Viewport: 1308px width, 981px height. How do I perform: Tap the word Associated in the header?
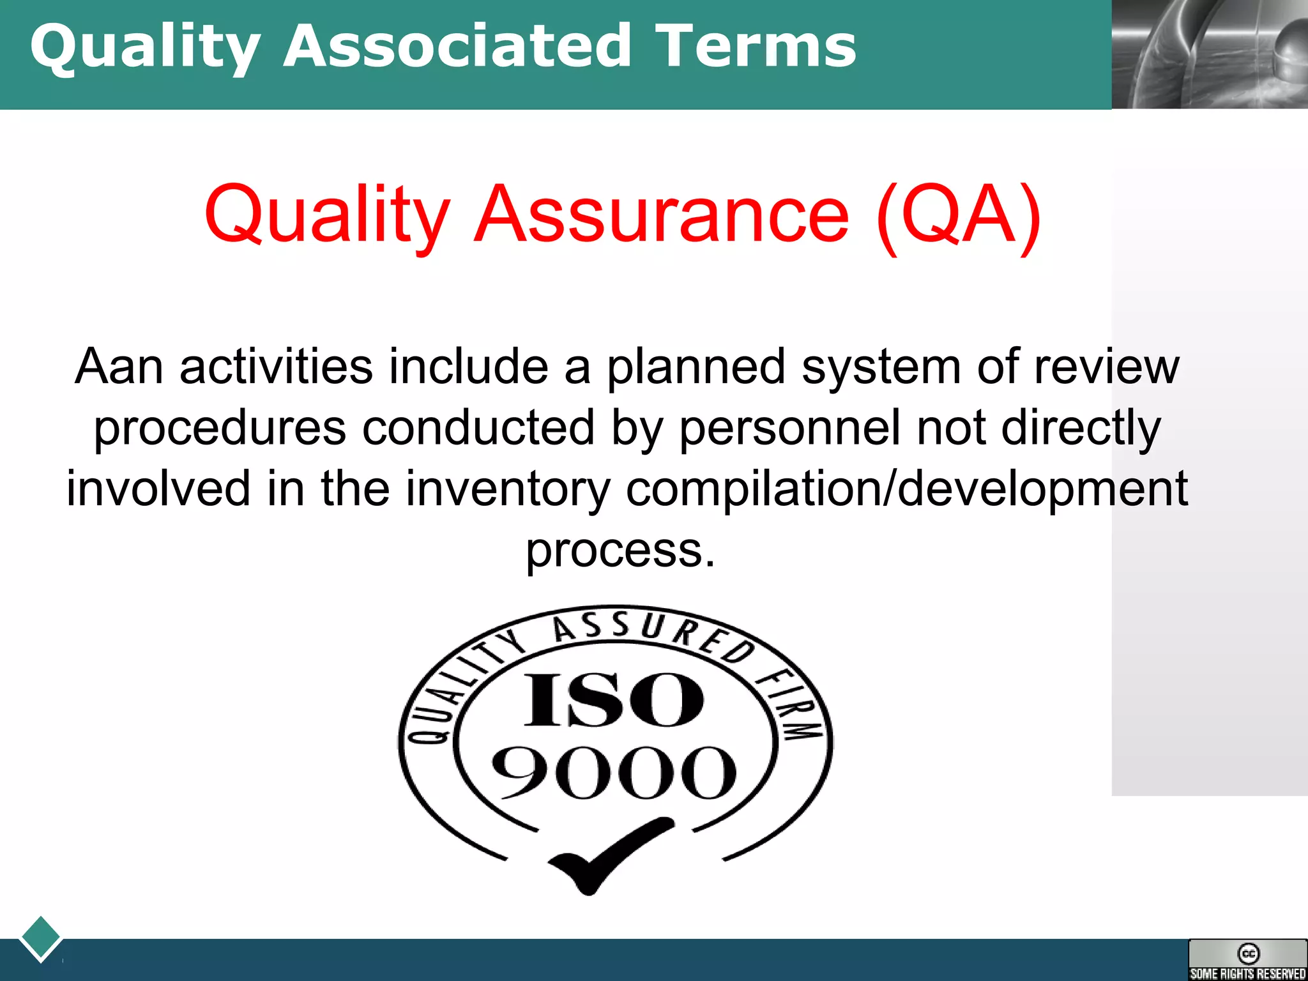point(457,46)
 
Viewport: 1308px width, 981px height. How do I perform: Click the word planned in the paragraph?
point(696,368)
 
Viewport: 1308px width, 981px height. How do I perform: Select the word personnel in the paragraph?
point(789,427)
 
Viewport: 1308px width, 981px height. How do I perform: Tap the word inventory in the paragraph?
point(508,489)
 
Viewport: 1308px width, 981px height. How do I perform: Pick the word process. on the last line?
point(620,550)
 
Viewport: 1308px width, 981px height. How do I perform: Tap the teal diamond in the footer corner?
point(40,938)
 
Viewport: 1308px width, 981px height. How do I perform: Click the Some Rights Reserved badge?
point(1247,959)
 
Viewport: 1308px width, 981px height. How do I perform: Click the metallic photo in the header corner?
point(1209,54)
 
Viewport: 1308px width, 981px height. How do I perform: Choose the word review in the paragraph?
point(1106,367)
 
